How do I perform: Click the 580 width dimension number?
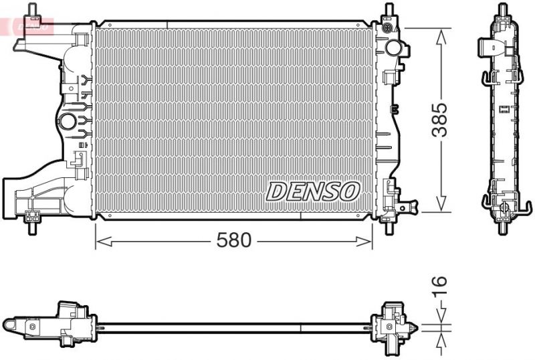click(233, 240)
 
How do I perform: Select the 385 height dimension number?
click(439, 120)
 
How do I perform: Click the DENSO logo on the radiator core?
click(313, 191)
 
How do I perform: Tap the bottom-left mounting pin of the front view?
click(31, 224)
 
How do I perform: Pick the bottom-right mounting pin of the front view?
click(389, 224)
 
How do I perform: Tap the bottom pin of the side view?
click(502, 223)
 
